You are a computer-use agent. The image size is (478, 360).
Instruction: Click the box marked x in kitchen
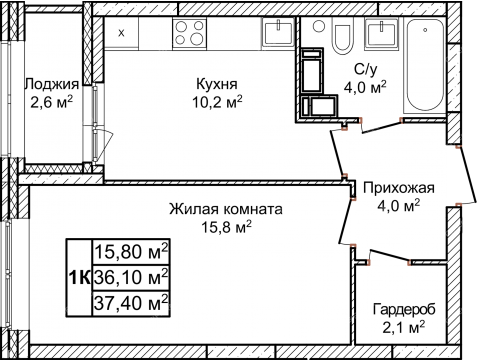click(x=122, y=32)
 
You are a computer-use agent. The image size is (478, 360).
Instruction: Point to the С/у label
click(x=366, y=71)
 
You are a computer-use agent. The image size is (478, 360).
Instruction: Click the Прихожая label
click(x=398, y=188)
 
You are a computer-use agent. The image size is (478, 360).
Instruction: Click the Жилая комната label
click(x=224, y=210)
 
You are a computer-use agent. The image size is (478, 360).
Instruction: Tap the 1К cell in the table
click(x=79, y=275)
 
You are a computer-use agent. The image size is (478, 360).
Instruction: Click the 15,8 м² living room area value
click(x=224, y=227)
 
